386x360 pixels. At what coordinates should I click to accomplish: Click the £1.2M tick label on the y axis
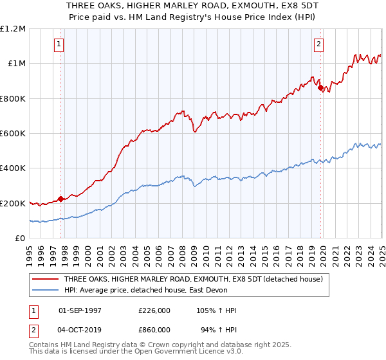pyautogui.click(x=13, y=29)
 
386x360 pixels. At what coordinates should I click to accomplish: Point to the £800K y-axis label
pyautogui.click(x=13, y=99)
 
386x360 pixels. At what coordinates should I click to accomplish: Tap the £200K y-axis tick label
pyautogui.click(x=13, y=203)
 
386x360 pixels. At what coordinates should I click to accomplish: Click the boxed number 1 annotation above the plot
pyautogui.click(x=59, y=44)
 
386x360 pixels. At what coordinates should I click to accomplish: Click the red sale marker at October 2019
pyautogui.click(x=320, y=88)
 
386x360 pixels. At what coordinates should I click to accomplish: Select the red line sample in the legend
pyautogui.click(x=46, y=278)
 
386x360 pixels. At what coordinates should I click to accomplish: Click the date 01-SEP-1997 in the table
pyautogui.click(x=80, y=310)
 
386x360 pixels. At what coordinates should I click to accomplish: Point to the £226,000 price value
pyautogui.click(x=154, y=310)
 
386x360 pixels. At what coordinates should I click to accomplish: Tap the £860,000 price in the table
pyautogui.click(x=154, y=330)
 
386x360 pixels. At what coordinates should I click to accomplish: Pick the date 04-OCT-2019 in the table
pyautogui.click(x=80, y=330)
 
